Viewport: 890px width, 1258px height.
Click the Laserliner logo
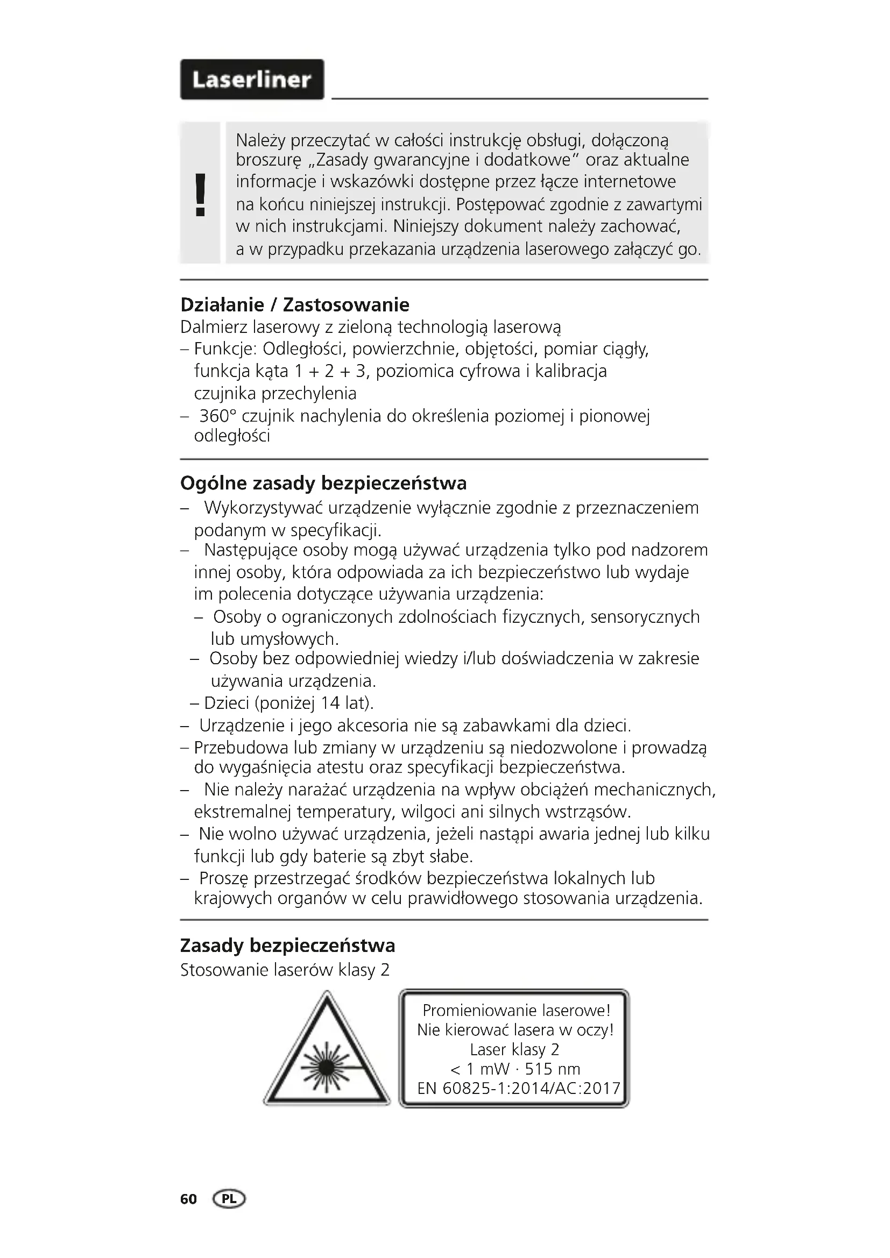(x=252, y=80)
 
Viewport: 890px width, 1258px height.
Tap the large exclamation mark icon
(x=201, y=195)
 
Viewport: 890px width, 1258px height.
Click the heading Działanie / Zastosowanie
(x=295, y=304)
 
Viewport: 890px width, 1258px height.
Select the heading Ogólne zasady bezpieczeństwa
(x=323, y=484)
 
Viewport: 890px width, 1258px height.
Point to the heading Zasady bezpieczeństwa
(x=288, y=946)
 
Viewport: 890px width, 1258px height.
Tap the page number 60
(x=188, y=1199)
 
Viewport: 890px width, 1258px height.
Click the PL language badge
(x=230, y=1199)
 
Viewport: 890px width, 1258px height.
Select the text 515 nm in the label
(x=553, y=1069)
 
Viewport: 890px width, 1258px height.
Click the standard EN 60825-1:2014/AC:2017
(x=518, y=1088)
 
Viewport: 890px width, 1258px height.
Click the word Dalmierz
(x=214, y=328)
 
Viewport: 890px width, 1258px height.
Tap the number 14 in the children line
(x=330, y=703)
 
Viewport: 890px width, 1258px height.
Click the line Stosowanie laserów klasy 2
(x=285, y=970)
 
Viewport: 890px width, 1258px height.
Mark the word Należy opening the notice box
(x=260, y=141)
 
